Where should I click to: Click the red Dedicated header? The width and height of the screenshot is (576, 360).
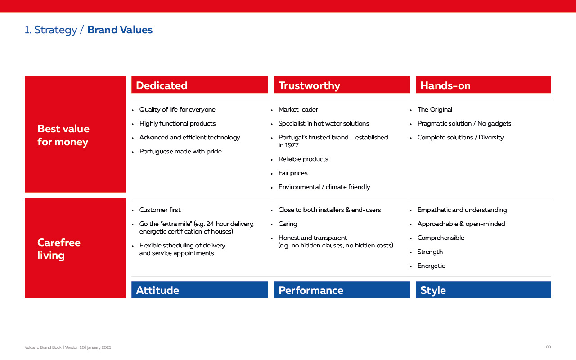[199, 85]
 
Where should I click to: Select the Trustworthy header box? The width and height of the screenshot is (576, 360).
[342, 85]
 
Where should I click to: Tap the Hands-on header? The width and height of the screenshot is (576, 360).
[483, 85]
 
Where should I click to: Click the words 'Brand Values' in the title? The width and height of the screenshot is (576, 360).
[120, 30]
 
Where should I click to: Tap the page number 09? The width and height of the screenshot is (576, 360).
[548, 347]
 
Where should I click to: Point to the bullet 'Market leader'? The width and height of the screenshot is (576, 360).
[298, 109]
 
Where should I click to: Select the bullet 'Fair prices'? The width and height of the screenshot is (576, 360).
[293, 173]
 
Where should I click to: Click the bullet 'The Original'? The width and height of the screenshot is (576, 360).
[435, 109]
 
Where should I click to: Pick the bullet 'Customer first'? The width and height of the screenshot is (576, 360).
[160, 210]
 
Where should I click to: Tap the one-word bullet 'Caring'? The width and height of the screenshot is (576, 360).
[288, 224]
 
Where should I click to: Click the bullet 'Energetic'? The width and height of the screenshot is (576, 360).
[431, 266]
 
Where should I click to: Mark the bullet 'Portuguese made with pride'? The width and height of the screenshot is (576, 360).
[180, 152]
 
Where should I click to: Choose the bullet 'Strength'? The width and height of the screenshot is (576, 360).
[430, 252]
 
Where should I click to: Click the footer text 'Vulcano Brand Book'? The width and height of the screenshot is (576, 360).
[43, 347]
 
